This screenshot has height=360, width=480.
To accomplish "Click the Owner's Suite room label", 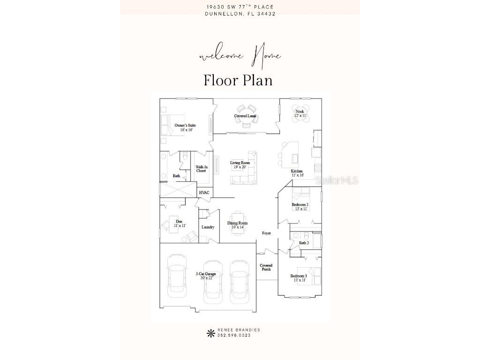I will click(x=185, y=127).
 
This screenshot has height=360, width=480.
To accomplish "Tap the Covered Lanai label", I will click(x=245, y=116).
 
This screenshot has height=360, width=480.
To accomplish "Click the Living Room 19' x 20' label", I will click(x=240, y=165).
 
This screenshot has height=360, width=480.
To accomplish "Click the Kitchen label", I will click(x=297, y=173).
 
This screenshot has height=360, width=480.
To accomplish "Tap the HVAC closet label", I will click(x=204, y=193).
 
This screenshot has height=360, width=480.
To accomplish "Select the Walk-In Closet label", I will click(x=201, y=169).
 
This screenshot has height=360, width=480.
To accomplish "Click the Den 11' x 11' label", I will click(x=179, y=223).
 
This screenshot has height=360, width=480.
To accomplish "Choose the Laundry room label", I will click(x=208, y=227).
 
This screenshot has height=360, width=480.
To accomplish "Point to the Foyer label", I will click(x=266, y=233).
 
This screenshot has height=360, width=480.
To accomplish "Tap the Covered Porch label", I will click(x=266, y=267).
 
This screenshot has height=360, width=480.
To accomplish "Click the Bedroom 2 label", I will click(x=300, y=206).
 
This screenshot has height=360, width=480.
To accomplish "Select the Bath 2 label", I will click(x=304, y=243).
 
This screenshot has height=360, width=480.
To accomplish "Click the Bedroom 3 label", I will click(x=299, y=278).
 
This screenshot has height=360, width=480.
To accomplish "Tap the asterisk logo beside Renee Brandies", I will click(x=210, y=333).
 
